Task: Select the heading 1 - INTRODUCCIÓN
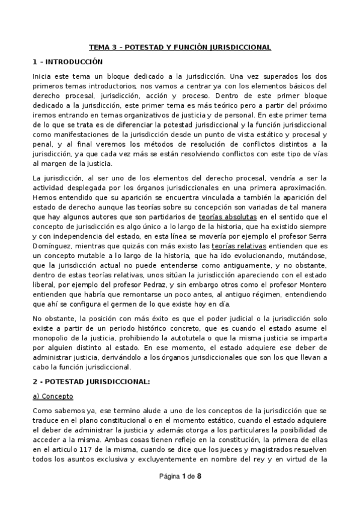[x=67, y=61]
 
